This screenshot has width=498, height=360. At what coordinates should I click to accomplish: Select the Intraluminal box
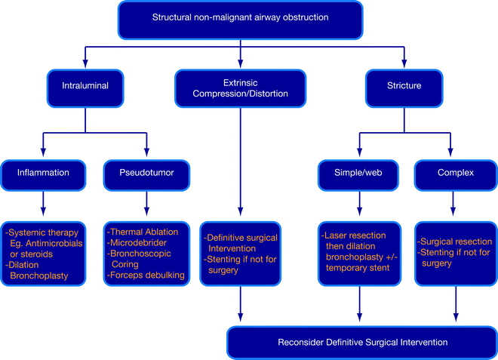(x=85, y=87)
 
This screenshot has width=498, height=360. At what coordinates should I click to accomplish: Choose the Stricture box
(x=403, y=87)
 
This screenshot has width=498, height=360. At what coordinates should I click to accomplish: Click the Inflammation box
(x=43, y=172)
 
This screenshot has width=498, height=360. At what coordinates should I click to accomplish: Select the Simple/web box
(x=359, y=172)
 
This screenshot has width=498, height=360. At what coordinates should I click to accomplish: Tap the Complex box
(x=456, y=172)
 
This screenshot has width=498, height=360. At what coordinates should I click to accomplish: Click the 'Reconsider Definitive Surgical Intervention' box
(x=361, y=343)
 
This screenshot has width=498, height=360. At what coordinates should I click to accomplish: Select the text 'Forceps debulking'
(x=147, y=275)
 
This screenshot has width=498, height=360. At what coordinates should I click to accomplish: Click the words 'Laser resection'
(x=352, y=234)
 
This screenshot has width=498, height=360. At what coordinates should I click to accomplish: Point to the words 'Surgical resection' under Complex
(x=457, y=242)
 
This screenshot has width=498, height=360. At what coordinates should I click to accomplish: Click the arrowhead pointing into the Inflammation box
(x=43, y=155)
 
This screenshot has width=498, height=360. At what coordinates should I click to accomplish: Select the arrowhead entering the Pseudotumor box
(x=146, y=155)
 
